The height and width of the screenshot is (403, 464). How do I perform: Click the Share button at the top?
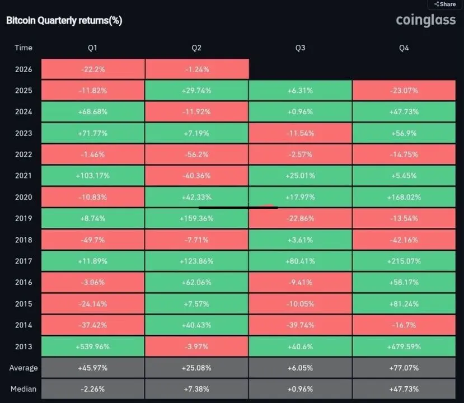pos(445,4)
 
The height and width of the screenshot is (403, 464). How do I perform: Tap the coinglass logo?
pos(426,20)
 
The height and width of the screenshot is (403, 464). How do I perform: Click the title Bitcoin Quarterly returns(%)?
pos(64,21)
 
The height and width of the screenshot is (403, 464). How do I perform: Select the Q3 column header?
pos(301,48)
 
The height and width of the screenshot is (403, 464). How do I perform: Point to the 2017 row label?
pos(24,261)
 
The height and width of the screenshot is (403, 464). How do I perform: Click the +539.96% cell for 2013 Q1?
pos(92,346)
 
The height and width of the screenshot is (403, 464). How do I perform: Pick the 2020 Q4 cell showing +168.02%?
pos(404,197)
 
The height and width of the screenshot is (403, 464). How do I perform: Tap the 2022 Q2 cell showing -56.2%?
pos(196,154)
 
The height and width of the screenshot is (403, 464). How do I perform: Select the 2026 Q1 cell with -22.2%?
pos(92,69)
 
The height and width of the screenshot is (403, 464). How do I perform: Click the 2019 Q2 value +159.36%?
pos(196,218)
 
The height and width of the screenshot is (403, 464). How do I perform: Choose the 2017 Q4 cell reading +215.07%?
pos(404,261)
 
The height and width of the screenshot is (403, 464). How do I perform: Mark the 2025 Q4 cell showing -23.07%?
pos(404,91)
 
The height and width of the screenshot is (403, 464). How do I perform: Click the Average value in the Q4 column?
pos(404,368)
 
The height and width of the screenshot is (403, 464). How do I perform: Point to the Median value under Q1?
pos(92,389)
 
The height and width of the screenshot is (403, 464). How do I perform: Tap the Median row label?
pos(24,389)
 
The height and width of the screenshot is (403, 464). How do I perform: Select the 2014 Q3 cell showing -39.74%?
pos(301,325)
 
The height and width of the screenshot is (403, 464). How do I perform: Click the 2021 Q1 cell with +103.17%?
pos(92,176)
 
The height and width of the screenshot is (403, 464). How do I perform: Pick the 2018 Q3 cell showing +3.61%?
pos(301,240)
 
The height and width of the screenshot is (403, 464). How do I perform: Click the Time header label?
pos(24,48)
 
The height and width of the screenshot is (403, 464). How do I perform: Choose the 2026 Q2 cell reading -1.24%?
pos(196,69)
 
